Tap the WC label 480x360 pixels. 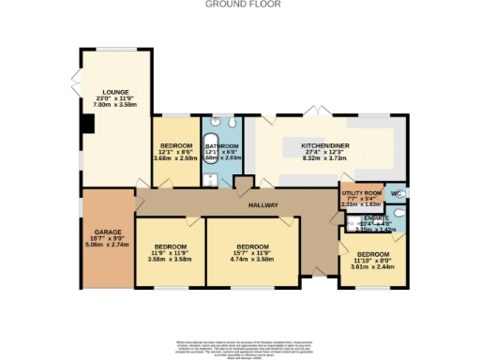coord(396,194)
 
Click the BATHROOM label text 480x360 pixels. coord(223,147)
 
